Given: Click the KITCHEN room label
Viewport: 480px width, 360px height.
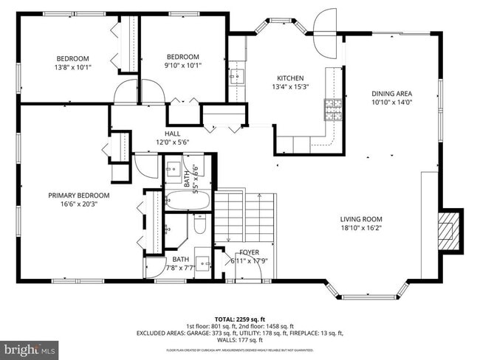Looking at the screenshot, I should [290, 78].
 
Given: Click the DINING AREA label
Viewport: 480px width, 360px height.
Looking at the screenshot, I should [391, 93].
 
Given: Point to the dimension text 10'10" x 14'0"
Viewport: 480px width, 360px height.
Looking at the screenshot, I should [391, 103].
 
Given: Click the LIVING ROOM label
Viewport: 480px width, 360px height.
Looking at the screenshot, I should [360, 218].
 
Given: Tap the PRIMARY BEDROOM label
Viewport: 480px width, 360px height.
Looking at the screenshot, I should [79, 195].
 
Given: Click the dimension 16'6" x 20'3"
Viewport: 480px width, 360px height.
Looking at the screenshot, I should [79, 206].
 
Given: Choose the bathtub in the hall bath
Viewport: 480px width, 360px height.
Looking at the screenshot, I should [188, 199].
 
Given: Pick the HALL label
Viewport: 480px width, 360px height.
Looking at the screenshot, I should [173, 134].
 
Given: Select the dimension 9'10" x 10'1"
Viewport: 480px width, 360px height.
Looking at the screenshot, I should [182, 66].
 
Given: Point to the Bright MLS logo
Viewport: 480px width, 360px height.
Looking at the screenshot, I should [30, 347].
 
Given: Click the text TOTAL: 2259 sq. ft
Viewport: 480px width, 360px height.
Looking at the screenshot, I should [239, 317].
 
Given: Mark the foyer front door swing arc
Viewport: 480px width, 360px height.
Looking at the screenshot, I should [252, 271].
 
